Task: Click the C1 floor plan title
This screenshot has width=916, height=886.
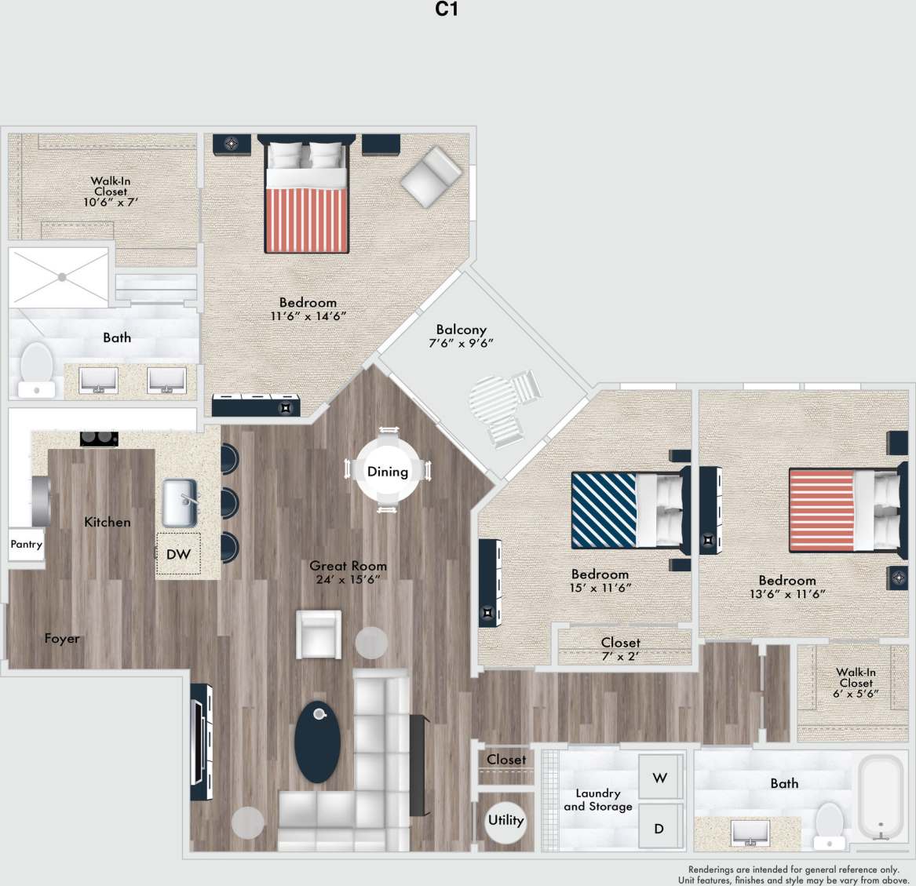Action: coord(447,9)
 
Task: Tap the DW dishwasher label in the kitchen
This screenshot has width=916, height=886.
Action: coord(178,554)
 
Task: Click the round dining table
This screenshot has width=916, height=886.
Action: coord(388,471)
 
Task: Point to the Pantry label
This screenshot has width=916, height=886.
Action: coord(26,544)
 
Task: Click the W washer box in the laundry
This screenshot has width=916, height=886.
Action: coord(659,778)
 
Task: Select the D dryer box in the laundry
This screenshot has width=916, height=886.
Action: coord(659,828)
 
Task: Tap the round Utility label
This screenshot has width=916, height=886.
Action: coord(505,820)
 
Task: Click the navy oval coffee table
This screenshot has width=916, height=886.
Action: coord(318,742)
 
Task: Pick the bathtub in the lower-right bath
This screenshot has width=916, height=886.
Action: coord(880,797)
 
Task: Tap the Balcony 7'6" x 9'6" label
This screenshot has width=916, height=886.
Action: coord(462,336)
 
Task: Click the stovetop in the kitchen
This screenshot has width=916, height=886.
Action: coord(99,439)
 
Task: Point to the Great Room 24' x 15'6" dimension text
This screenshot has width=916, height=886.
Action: coord(348,580)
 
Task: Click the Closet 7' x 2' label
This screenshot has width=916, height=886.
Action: coord(620,649)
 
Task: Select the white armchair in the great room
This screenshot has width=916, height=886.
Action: coord(319,634)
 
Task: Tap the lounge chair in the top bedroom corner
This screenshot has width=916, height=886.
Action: coord(430,177)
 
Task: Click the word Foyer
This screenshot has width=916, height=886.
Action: coord(62,638)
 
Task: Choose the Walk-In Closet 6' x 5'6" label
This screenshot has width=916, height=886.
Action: coord(856,683)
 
